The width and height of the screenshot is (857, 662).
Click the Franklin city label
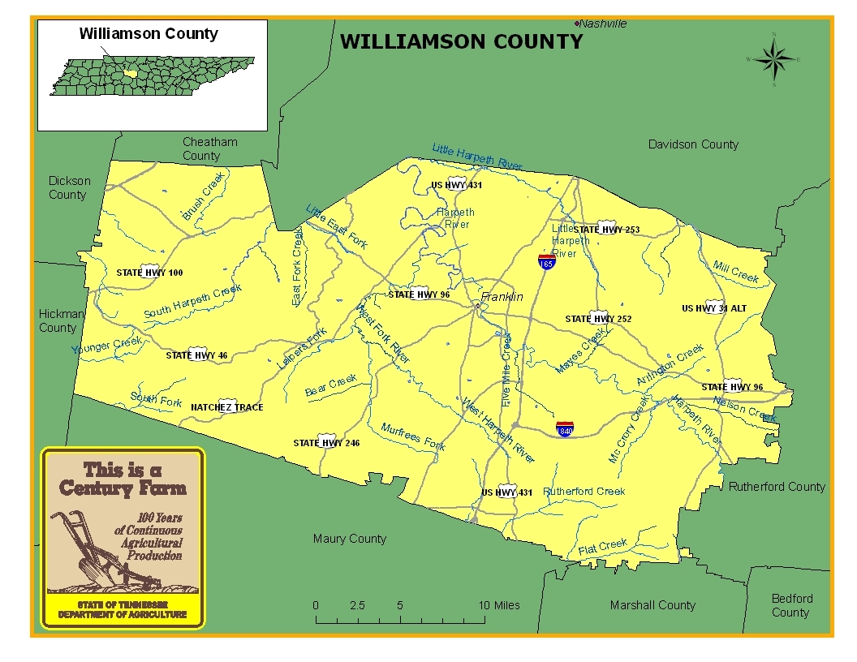pos(502,298)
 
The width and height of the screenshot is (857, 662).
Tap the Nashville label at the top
pos(602,24)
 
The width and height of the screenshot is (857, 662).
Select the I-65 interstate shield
pos(547,262)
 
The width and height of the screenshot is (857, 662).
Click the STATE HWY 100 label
pos(150,273)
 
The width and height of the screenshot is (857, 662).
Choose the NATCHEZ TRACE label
pos(226,407)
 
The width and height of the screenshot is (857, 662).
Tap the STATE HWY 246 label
pos(326,443)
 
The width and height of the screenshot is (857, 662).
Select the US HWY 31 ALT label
pos(714,308)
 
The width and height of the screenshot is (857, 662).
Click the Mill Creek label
pos(735,272)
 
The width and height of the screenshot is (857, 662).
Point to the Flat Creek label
pos(603,548)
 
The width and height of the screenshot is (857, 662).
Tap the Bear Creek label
pos(331,385)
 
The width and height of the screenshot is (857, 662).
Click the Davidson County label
pos(693,144)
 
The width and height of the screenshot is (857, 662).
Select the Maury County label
pos(350,539)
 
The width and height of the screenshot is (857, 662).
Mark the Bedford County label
pos(791,605)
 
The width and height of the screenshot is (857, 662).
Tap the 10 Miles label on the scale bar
pos(499,605)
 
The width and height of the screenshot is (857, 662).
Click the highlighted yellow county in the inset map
pos(131,74)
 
